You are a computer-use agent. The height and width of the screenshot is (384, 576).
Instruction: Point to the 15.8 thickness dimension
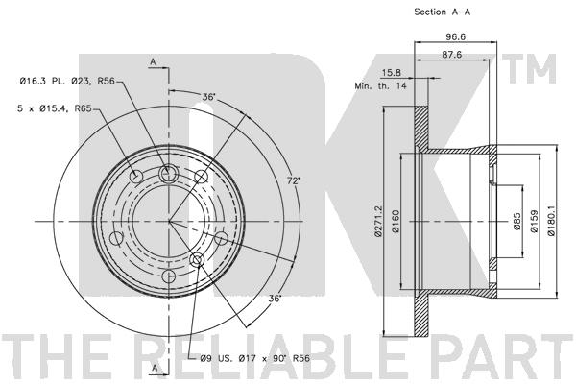pos(392,72)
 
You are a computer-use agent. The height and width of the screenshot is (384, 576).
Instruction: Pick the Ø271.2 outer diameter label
pos(380,221)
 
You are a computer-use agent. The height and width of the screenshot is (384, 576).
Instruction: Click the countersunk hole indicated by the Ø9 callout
pos(198,260)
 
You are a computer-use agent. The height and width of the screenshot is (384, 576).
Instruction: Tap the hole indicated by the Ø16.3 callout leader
pos(169,173)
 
